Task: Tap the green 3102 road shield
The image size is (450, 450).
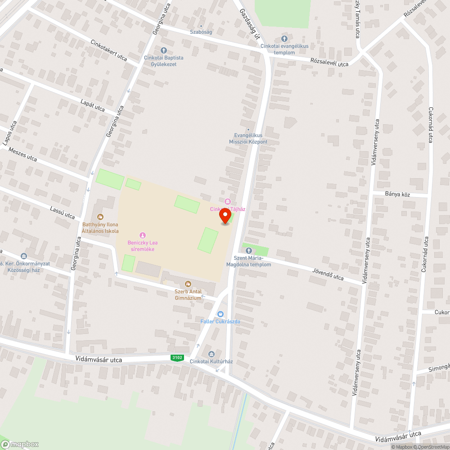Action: click(x=177, y=358)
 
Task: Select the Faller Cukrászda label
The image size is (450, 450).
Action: click(x=220, y=321)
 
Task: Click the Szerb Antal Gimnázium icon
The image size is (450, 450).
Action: click(x=188, y=284)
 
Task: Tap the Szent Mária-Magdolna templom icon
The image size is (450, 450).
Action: click(x=248, y=250)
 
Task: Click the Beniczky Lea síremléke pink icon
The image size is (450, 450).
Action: click(x=143, y=235)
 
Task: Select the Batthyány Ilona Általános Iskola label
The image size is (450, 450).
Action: click(x=100, y=228)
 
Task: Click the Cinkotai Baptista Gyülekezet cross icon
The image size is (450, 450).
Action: click(x=163, y=50)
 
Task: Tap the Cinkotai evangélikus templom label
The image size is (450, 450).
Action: click(x=284, y=49)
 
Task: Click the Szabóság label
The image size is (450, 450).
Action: click(x=201, y=32)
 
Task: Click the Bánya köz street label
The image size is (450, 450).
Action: click(x=398, y=194)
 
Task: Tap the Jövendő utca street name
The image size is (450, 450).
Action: click(x=328, y=274)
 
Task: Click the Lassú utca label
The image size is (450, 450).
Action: click(x=63, y=213)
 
